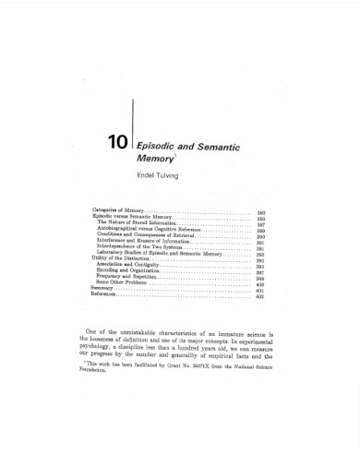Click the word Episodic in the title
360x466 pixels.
pyautogui.click(x=159, y=145)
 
